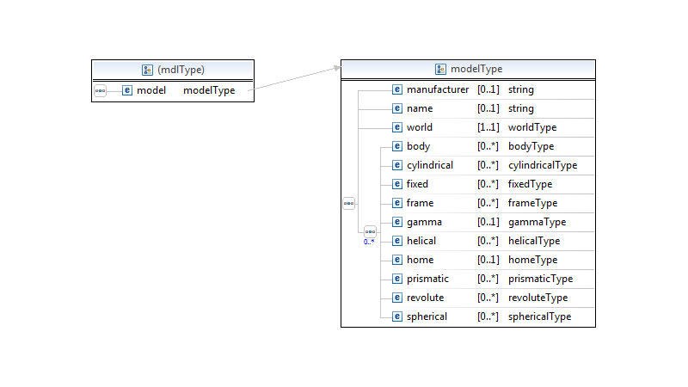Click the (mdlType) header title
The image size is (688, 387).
(181, 70)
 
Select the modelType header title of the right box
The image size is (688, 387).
(476, 69)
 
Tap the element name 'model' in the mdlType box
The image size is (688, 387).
(151, 90)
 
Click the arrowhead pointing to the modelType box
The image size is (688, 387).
(337, 68)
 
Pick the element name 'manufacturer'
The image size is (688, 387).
(438, 89)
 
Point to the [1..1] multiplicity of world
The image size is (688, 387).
(488, 127)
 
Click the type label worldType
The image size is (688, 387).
(532, 127)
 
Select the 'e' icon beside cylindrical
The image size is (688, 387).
(397, 165)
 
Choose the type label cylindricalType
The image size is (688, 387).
(543, 165)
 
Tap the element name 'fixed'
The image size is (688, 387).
(417, 184)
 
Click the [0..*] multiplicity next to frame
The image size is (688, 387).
(488, 203)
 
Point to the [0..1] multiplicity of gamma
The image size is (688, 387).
(488, 222)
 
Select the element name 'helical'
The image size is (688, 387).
(421, 241)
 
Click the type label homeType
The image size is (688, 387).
(532, 260)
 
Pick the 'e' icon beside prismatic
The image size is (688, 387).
(397, 279)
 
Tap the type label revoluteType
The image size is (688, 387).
(538, 298)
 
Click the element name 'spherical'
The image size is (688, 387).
(427, 316)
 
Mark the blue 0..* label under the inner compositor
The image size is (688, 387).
(369, 242)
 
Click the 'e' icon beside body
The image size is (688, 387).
(397, 146)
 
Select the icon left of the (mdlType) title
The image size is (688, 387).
(147, 70)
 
